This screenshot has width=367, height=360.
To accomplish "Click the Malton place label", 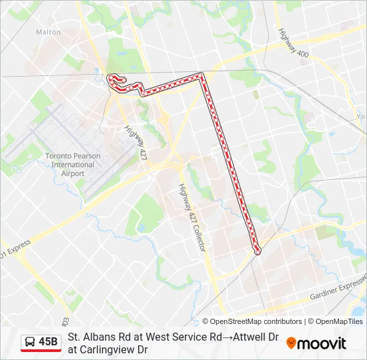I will coord(48,32).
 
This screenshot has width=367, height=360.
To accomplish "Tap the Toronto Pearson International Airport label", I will coord(73,165).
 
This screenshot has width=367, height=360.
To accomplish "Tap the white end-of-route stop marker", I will coord(258,251).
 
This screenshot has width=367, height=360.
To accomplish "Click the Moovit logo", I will coord(316,343).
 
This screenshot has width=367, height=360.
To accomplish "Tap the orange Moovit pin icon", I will coord(291,343).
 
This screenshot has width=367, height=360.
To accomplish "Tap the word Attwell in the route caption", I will coord(248,337).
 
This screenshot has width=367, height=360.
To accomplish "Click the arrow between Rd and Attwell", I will coord(226,337).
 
